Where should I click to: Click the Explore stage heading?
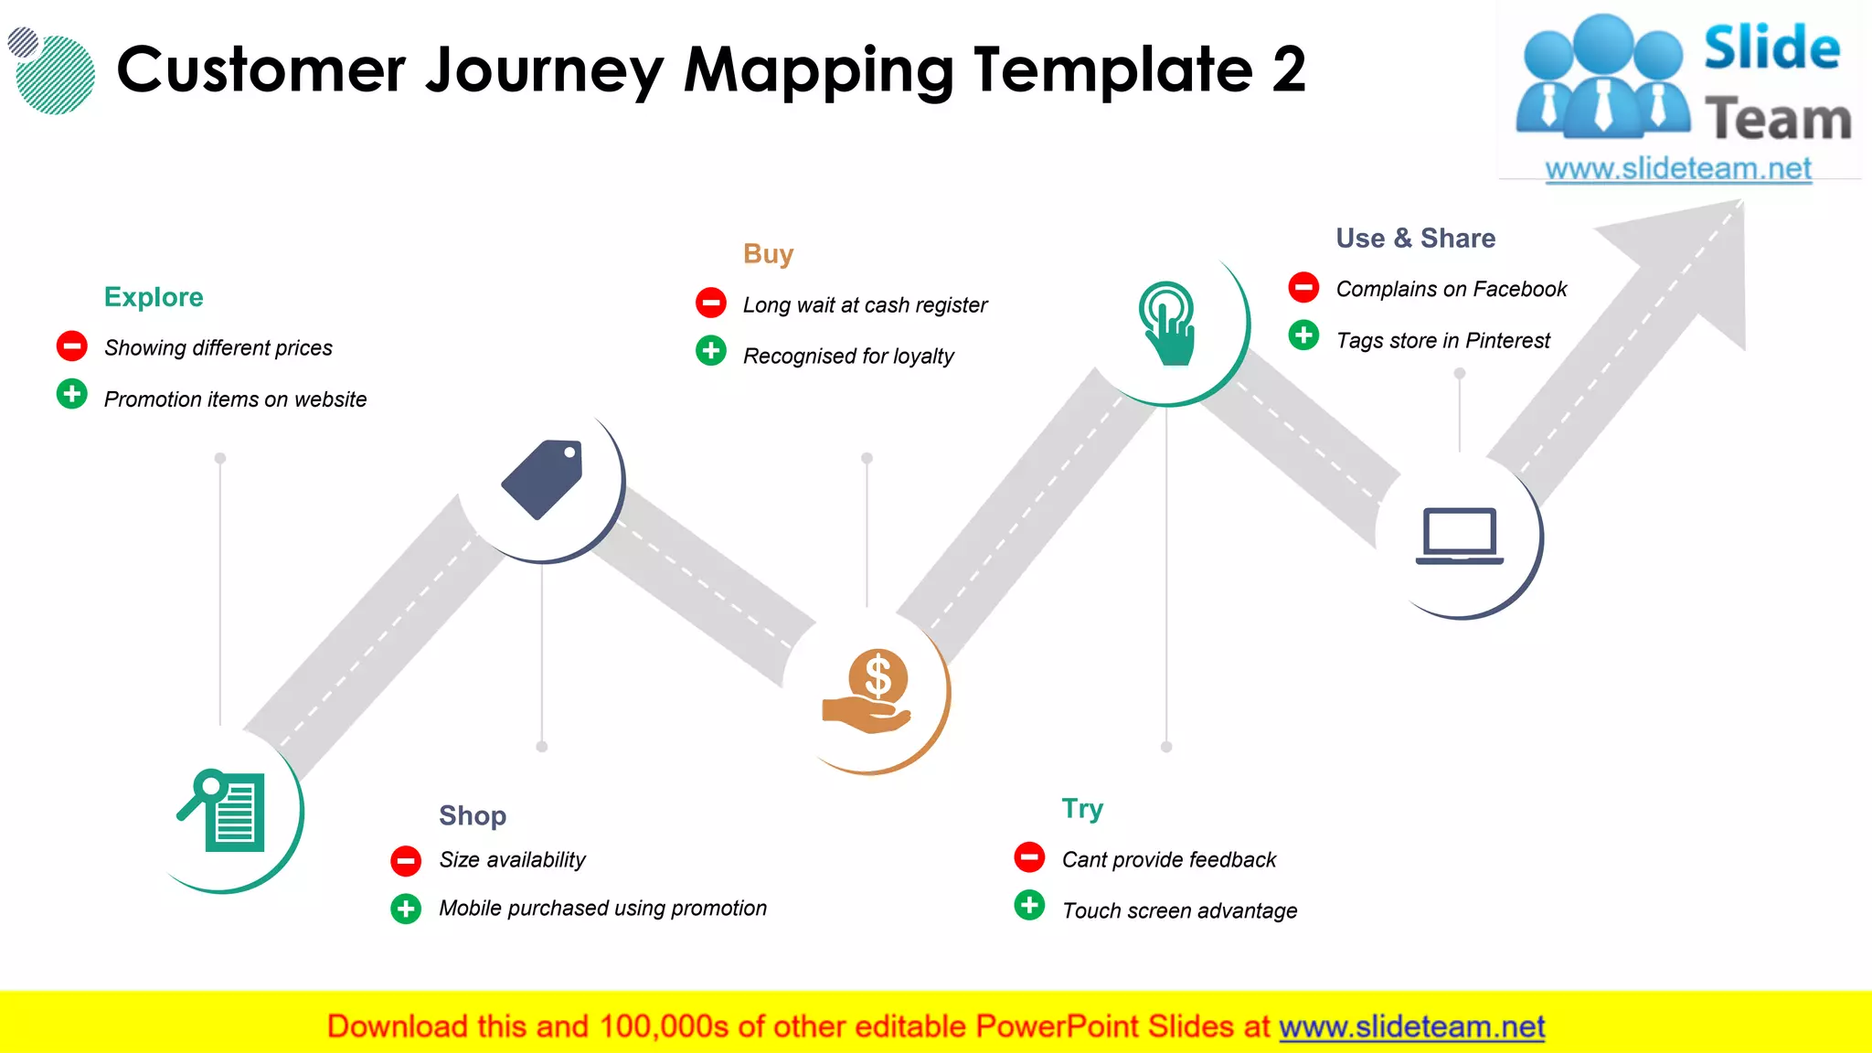tap(154, 297)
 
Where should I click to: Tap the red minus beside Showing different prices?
tap(72, 346)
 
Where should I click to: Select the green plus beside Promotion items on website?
tap(72, 395)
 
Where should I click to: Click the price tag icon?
tap(542, 479)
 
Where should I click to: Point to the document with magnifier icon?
tap(222, 811)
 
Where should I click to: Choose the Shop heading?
tap(472, 815)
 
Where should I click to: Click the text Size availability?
tap(512, 860)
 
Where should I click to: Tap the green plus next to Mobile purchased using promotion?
tap(406, 909)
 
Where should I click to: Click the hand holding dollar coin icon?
tap(868, 692)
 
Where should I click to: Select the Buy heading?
tap(768, 254)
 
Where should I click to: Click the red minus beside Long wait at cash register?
tap(711, 303)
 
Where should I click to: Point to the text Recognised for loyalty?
tap(848, 356)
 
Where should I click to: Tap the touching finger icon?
tap(1167, 324)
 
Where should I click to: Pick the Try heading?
tap(1082, 809)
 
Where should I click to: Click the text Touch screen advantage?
tap(1179, 911)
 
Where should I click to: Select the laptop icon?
tap(1460, 536)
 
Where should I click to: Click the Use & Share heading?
tap(1415, 239)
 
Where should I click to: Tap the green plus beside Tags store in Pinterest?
tap(1303, 335)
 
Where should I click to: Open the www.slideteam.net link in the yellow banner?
tap(1411, 1027)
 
